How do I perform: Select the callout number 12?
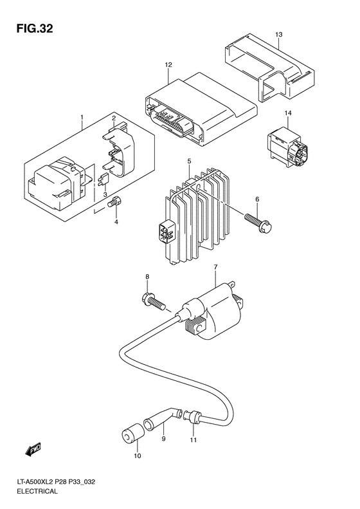[168, 65]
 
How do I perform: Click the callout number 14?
[288, 114]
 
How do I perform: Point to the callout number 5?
[188, 161]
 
